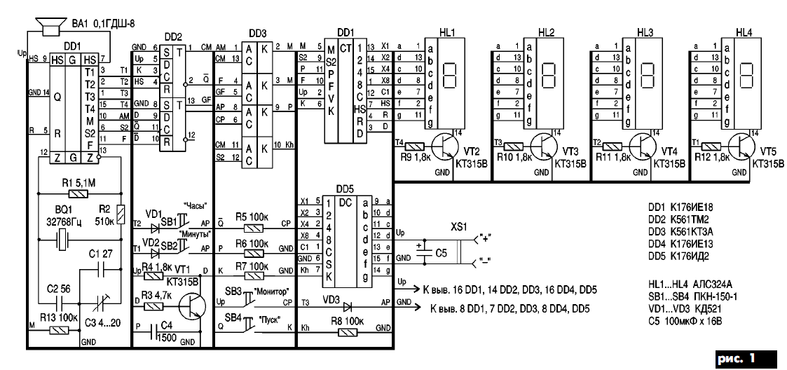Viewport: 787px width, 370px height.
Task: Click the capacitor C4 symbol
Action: [x=161, y=335]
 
